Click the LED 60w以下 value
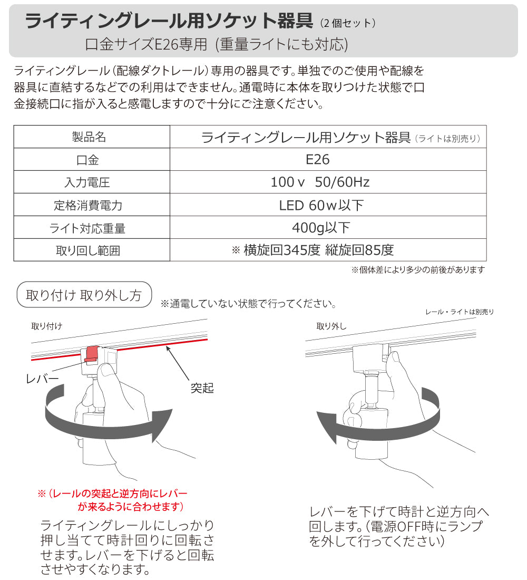[x=321, y=205]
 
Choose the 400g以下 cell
[x=321, y=228]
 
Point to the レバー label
[x=42, y=378]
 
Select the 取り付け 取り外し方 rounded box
[x=84, y=295]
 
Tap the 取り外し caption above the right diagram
[x=331, y=326]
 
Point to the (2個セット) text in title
[x=348, y=23]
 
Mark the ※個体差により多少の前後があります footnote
[x=418, y=269]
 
